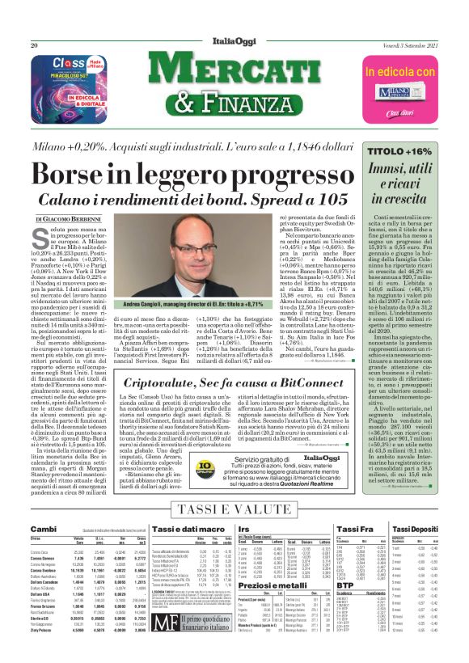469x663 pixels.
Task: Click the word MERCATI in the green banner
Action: coord(234,73)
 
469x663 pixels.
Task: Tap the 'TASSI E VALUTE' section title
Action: coord(234,507)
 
